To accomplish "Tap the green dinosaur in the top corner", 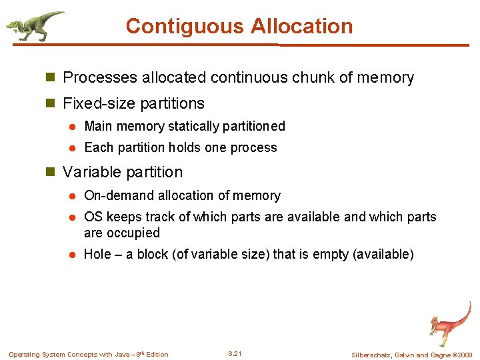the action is tap(33, 25).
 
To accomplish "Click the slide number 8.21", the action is tap(235, 354).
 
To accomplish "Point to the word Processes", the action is tap(100, 77).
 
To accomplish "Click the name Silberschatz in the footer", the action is tap(373, 355).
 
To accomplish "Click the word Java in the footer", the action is tap(125, 355).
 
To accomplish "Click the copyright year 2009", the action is tap(464, 355).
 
